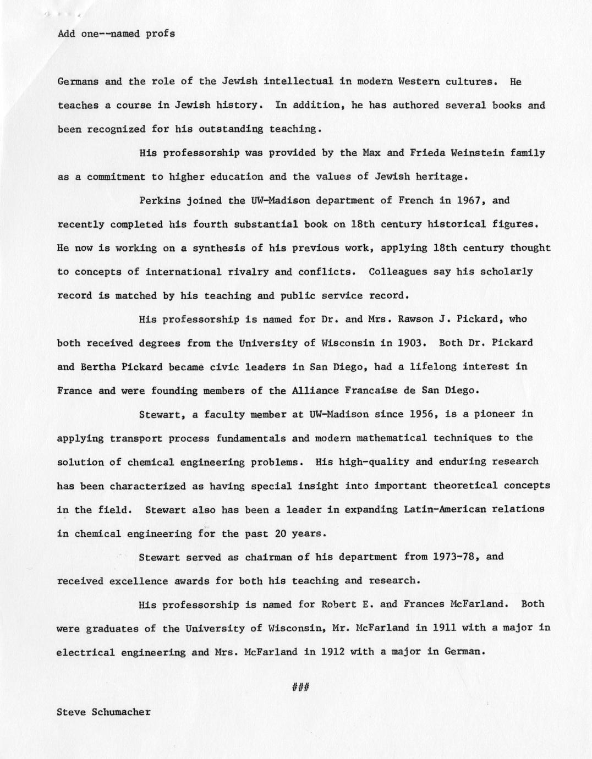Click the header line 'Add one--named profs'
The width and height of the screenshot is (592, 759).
(x=116, y=34)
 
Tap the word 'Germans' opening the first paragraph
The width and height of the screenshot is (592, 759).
(x=78, y=81)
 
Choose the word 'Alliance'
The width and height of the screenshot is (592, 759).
(x=315, y=391)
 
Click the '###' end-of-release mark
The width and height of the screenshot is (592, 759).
(x=300, y=687)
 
